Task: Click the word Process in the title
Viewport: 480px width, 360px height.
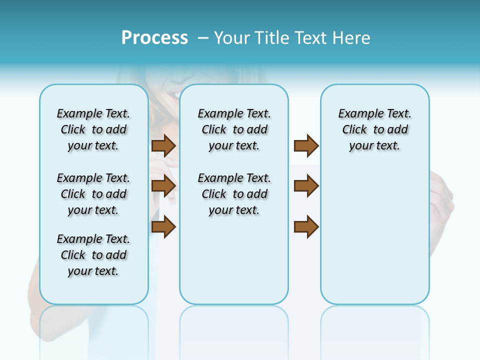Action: pyautogui.click(x=154, y=38)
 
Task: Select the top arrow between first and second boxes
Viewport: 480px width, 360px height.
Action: pyautogui.click(x=163, y=145)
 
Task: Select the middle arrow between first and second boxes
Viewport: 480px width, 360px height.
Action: pyautogui.click(x=163, y=186)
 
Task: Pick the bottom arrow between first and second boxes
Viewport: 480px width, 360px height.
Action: pyautogui.click(x=163, y=226)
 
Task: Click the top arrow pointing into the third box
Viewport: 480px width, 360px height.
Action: pyautogui.click(x=306, y=145)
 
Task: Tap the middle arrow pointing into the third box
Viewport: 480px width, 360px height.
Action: pyautogui.click(x=306, y=186)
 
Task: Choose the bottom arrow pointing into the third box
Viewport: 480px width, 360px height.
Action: pyautogui.click(x=306, y=226)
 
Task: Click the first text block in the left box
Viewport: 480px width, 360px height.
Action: pyautogui.click(x=93, y=129)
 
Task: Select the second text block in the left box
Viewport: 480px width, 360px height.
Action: pyautogui.click(x=93, y=194)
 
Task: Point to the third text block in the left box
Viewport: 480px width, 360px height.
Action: pyautogui.click(x=93, y=255)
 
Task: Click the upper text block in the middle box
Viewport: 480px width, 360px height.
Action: pyautogui.click(x=234, y=129)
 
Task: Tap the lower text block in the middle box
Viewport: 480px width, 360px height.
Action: pyautogui.click(x=234, y=194)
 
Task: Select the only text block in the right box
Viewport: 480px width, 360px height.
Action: pyautogui.click(x=374, y=129)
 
